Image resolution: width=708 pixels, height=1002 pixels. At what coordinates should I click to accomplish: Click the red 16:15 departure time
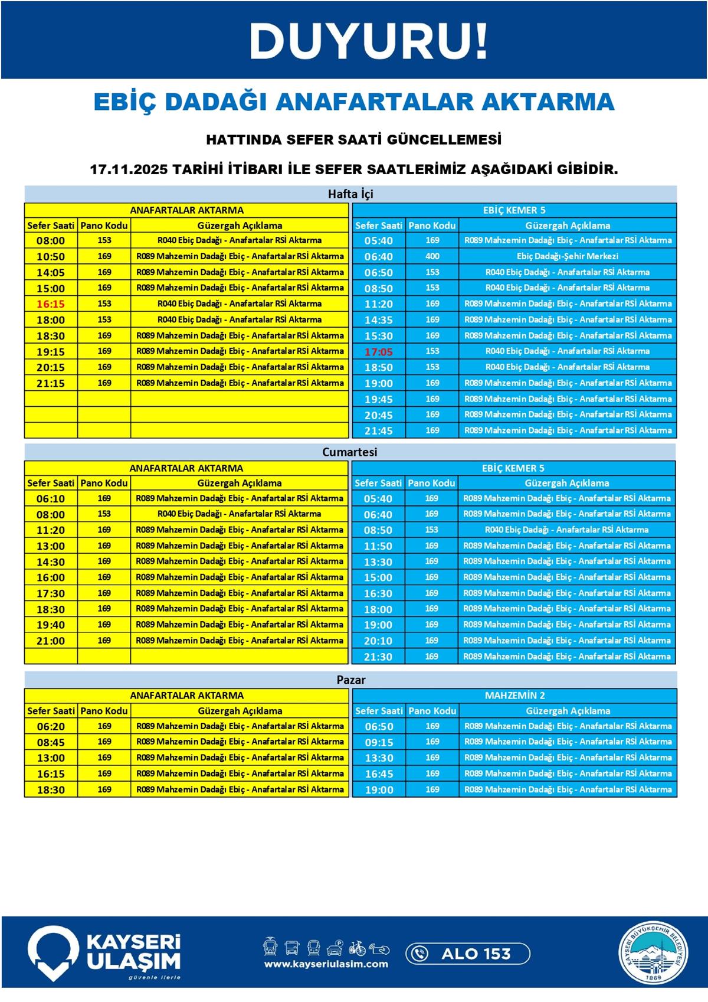pyautogui.click(x=51, y=304)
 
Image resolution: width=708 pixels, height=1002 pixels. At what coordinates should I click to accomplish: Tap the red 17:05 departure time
pyautogui.click(x=378, y=352)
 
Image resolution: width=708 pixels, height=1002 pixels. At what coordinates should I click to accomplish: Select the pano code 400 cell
pyautogui.click(x=432, y=256)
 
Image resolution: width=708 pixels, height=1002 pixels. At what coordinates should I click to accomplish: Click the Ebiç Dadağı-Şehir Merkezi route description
pyautogui.click(x=567, y=256)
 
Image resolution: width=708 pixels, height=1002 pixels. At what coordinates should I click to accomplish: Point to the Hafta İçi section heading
pyautogui.click(x=350, y=194)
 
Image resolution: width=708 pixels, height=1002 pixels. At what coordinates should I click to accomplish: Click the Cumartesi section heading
pyautogui.click(x=350, y=452)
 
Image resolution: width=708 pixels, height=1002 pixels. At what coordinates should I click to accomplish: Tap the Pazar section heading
pyautogui.click(x=351, y=680)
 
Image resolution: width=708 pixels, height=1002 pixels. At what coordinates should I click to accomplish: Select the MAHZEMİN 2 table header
pyautogui.click(x=514, y=696)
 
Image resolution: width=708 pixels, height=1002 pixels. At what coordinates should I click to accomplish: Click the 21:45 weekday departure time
pyautogui.click(x=378, y=431)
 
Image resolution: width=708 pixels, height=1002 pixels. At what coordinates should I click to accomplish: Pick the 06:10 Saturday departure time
pyautogui.click(x=51, y=499)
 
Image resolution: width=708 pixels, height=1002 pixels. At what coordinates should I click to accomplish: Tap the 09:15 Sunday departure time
pyautogui.click(x=379, y=742)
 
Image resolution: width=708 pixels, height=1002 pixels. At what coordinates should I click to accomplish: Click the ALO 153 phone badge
pyautogui.click(x=467, y=954)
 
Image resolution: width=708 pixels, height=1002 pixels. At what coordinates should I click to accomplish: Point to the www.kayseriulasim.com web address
pyautogui.click(x=326, y=964)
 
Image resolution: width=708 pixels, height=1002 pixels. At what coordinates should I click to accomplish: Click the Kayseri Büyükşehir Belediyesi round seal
pyautogui.click(x=653, y=952)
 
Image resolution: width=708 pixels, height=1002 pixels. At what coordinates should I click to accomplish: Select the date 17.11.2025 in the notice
pyautogui.click(x=129, y=169)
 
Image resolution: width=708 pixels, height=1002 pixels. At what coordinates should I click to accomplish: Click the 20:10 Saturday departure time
pyautogui.click(x=378, y=641)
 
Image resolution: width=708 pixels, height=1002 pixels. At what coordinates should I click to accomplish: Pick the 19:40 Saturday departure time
pyautogui.click(x=51, y=625)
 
